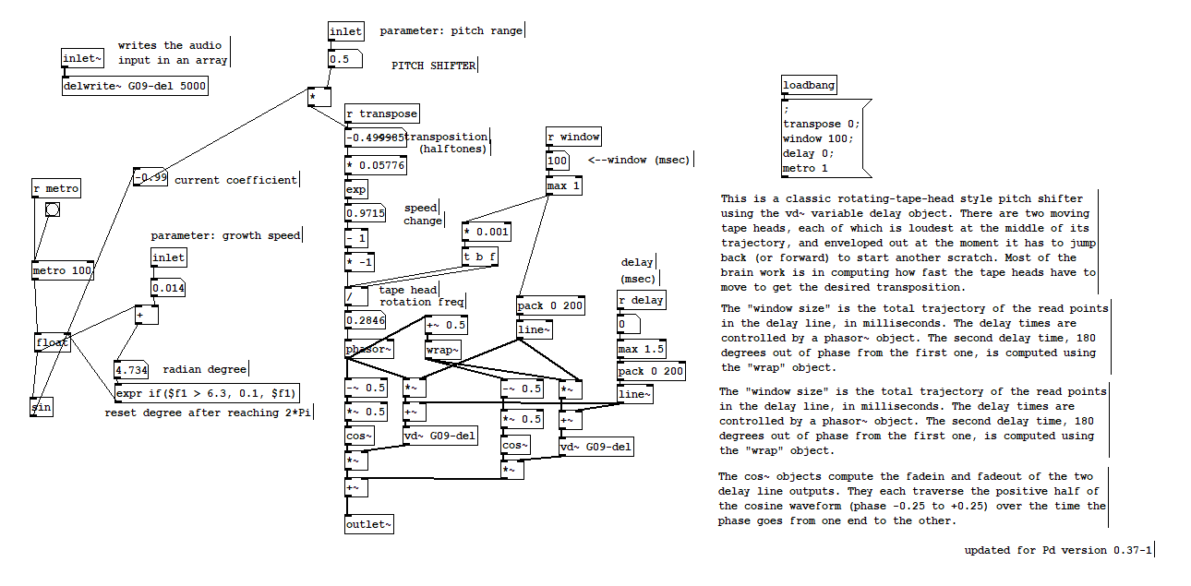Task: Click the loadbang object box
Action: [x=809, y=86]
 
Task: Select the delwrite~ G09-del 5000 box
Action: [x=135, y=86]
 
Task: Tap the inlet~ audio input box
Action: [x=83, y=59]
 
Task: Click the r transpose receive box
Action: [x=381, y=114]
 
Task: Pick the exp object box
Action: [x=355, y=189]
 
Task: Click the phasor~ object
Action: [x=368, y=350]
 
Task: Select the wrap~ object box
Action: [x=442, y=350]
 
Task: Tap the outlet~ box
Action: [x=368, y=524]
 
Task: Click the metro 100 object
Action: [x=63, y=271]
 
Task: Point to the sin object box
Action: [x=41, y=407]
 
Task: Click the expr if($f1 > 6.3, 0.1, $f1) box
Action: [x=206, y=394]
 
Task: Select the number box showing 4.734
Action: [x=131, y=370]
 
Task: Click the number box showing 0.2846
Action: [x=366, y=320]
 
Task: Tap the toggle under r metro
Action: [x=53, y=209]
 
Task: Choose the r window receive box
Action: [x=573, y=138]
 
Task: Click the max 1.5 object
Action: [x=641, y=350]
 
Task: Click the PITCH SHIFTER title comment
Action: [x=434, y=66]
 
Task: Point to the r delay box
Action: [x=641, y=300]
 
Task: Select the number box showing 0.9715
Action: [x=366, y=213]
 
